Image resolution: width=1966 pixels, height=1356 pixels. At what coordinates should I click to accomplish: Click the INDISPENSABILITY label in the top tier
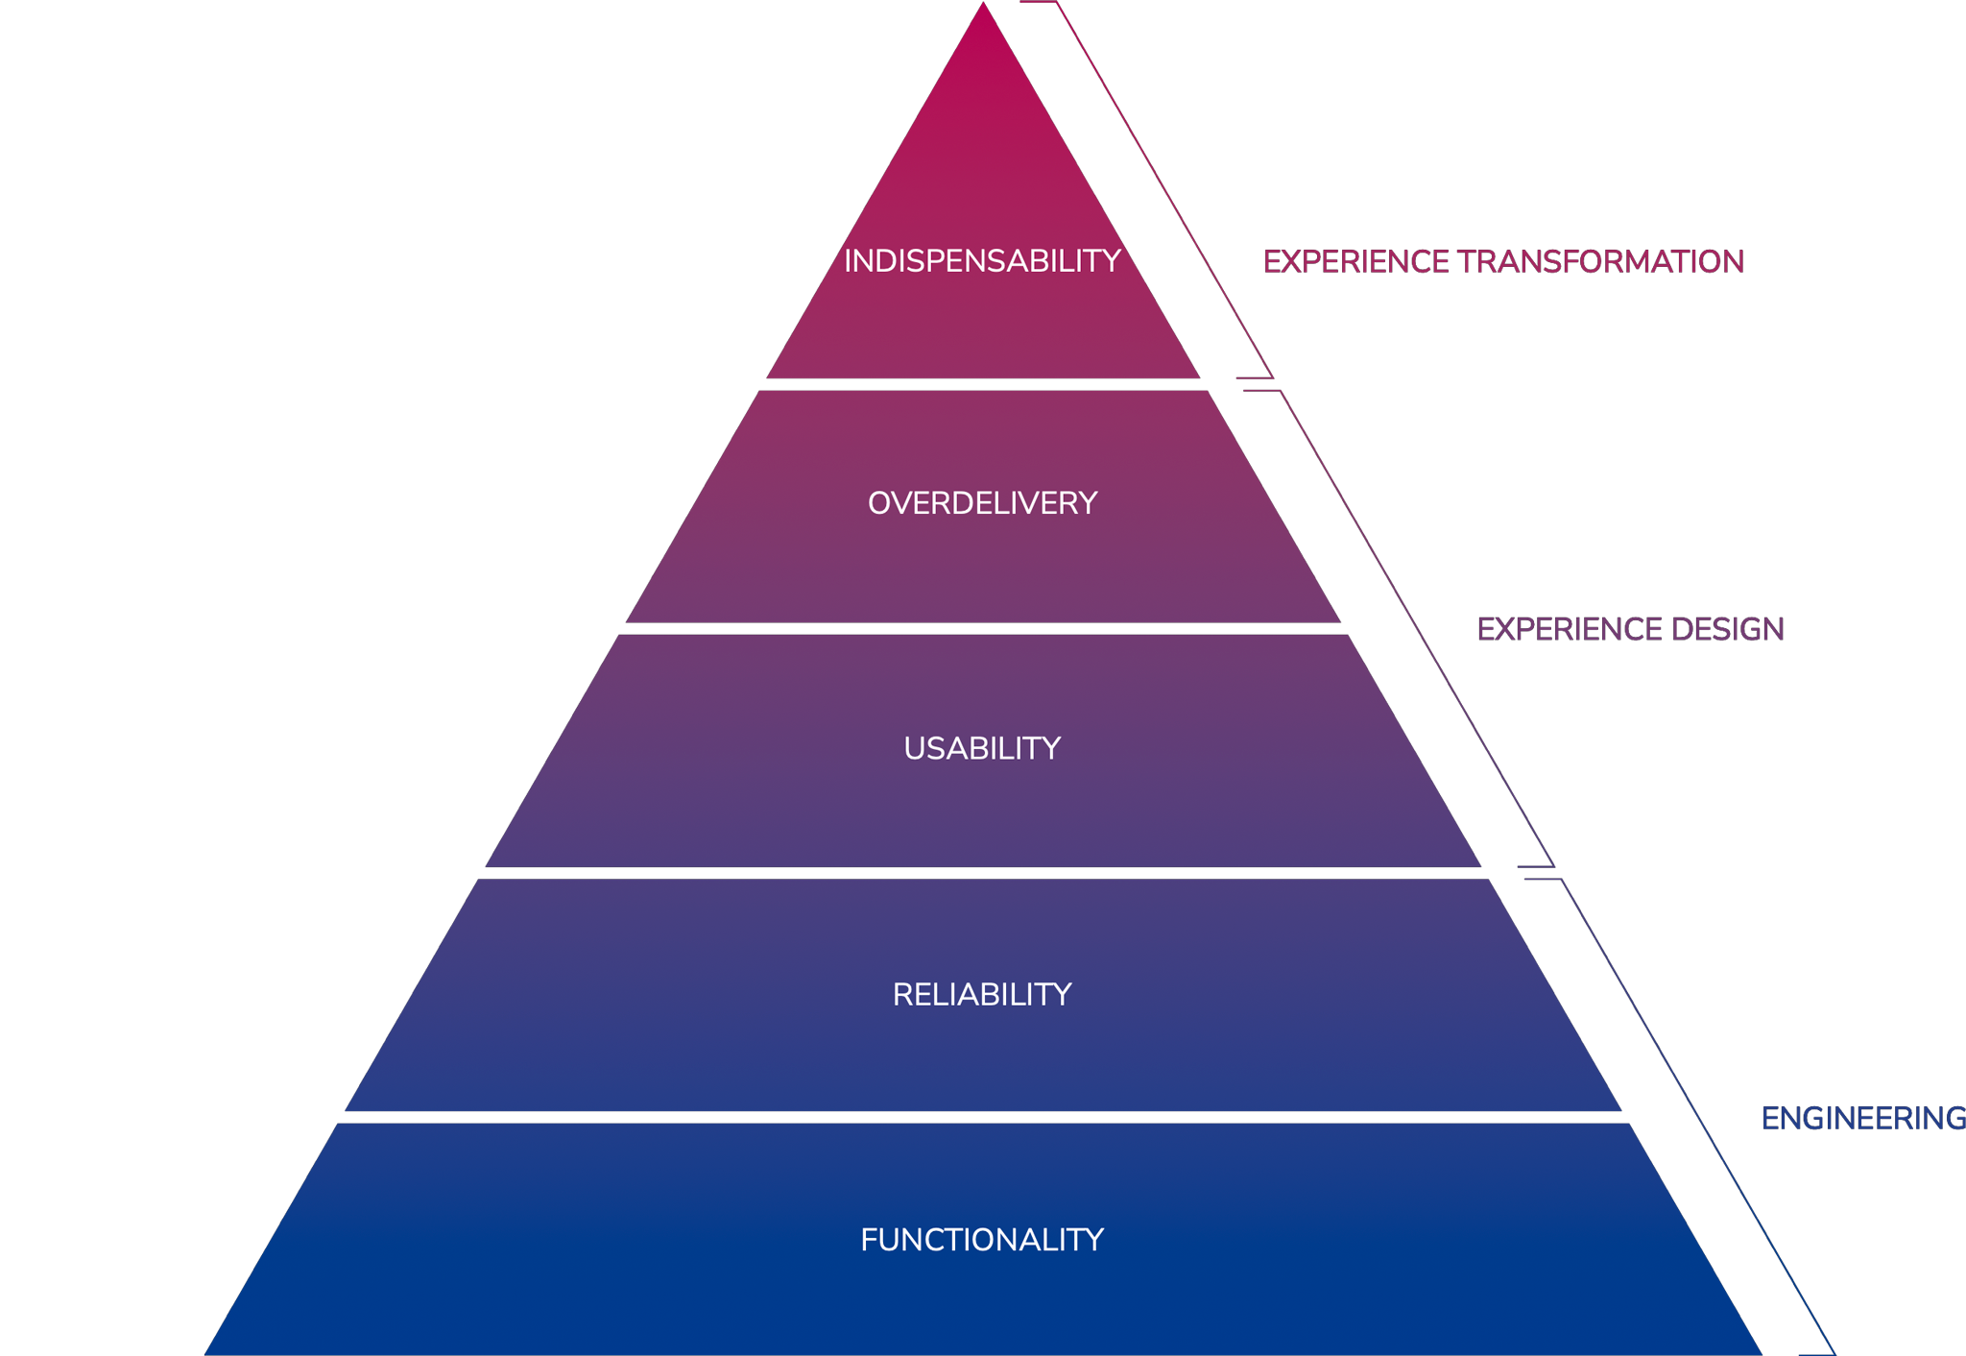[x=982, y=261]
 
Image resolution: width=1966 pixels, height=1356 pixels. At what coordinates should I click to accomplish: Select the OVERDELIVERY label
[x=982, y=503]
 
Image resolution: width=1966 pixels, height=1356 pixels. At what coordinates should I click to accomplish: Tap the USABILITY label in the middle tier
[x=982, y=748]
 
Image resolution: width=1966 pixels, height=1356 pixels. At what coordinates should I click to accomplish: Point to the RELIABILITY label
[x=982, y=994]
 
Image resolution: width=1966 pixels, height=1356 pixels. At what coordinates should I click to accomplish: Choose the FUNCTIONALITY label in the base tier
[x=982, y=1240]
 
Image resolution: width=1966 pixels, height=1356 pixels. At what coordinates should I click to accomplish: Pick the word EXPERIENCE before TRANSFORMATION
[x=1355, y=261]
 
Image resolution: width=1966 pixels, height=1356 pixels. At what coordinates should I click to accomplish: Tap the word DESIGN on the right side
[x=1727, y=629]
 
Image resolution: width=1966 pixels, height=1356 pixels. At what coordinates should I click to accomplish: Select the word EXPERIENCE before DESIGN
[x=1570, y=629]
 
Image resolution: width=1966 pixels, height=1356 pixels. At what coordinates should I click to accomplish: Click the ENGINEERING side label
[x=1863, y=1118]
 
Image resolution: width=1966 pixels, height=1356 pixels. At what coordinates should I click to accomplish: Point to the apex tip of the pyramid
[x=983, y=6]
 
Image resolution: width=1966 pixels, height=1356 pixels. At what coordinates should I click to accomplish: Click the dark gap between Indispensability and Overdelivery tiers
[x=982, y=384]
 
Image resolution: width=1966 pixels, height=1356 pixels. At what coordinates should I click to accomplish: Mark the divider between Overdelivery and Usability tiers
[x=982, y=628]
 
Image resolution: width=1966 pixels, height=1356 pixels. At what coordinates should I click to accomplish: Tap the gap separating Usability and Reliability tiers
[x=982, y=873]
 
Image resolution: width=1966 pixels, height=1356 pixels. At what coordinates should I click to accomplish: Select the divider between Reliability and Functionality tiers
[x=982, y=1118]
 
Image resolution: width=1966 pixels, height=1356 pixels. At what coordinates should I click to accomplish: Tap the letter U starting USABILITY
[x=915, y=748]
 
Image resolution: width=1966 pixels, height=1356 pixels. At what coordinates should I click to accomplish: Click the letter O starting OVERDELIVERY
[x=880, y=503]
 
